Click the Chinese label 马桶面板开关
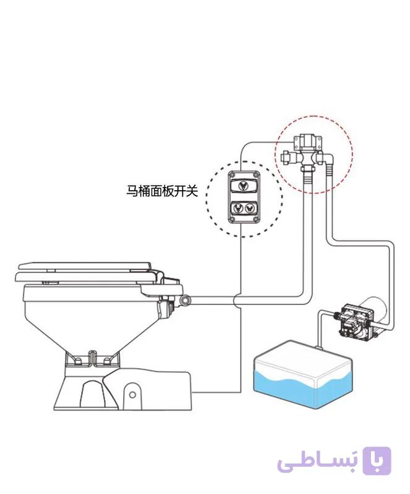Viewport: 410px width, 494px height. point(162,191)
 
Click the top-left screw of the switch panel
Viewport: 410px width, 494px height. point(233,174)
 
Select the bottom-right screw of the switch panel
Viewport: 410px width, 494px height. point(255,219)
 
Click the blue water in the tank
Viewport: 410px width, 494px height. point(302,391)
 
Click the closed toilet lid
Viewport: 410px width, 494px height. point(85,266)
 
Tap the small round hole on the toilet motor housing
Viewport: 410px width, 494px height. point(132,395)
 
